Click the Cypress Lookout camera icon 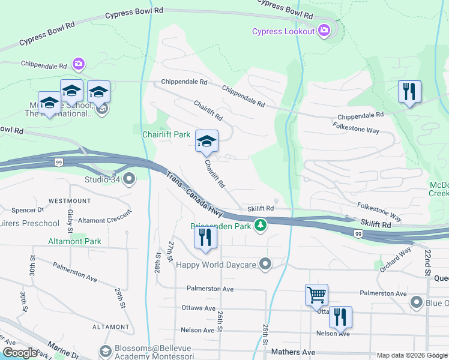pos(324,29)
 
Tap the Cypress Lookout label pos(283,32)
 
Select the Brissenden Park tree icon pos(260,226)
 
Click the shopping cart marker pos(316,295)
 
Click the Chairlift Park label pos(166,135)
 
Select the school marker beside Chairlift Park pos(206,141)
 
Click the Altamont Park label pos(75,241)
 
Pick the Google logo pos(20,352)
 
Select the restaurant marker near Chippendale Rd pos(409,91)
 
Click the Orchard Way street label pos(396,259)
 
